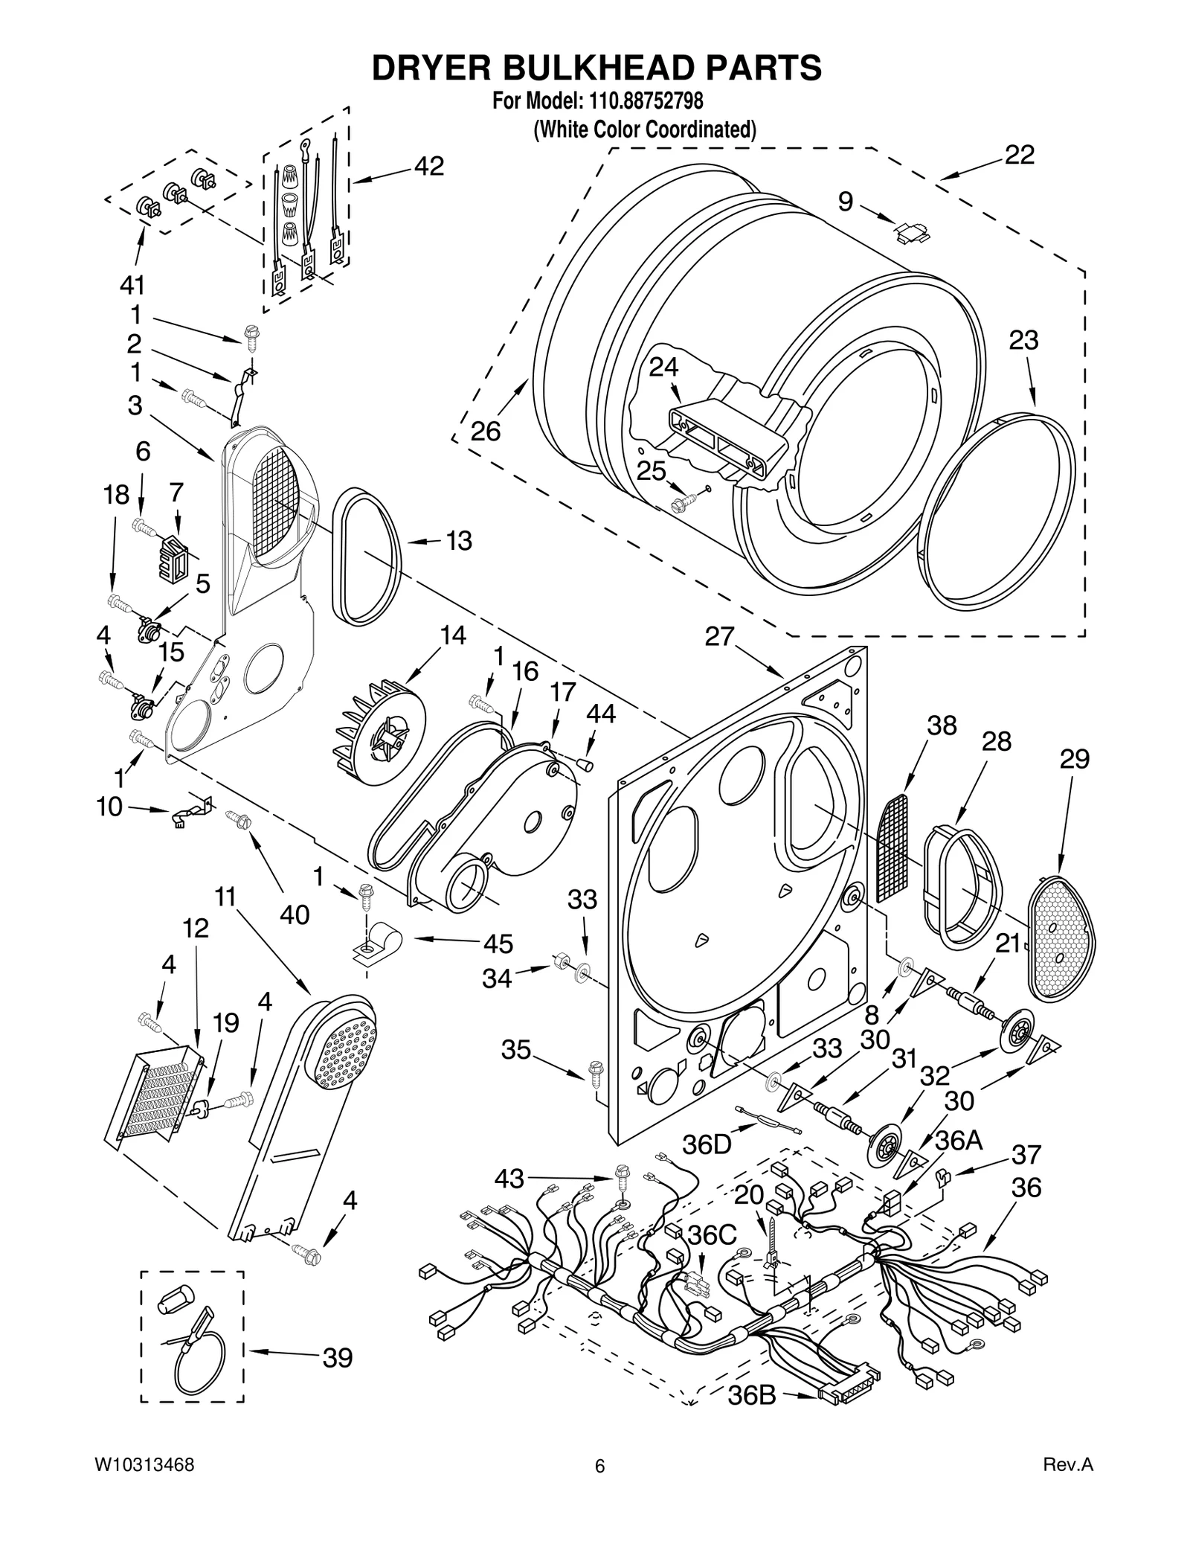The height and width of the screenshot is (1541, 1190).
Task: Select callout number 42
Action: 428,166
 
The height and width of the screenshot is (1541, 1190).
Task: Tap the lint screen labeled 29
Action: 1061,938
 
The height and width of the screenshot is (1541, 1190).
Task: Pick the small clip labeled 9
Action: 912,231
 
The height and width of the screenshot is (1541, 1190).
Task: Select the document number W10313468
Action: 145,1466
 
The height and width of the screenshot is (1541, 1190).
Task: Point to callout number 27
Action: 719,637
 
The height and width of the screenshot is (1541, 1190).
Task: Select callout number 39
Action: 337,1358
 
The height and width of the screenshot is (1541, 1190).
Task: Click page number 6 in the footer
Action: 599,1467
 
